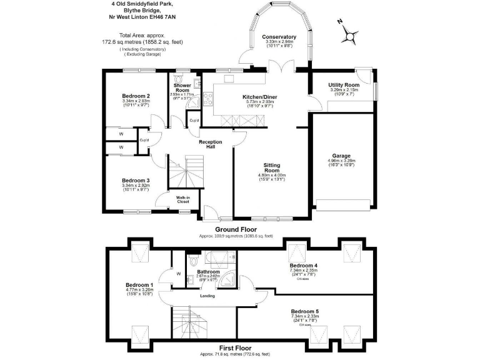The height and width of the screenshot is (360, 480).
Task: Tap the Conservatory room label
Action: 279,37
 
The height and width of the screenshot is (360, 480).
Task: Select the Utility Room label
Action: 344,85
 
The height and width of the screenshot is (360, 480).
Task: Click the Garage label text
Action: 341,156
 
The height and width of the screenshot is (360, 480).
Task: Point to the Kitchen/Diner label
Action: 259,97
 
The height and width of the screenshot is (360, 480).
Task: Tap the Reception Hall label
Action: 211,145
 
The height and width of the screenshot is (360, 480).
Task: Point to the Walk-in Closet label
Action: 183,199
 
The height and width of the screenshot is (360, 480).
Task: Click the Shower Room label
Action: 182,87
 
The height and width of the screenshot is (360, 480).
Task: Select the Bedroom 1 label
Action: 139,284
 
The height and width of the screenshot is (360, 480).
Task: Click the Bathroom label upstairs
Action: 209,272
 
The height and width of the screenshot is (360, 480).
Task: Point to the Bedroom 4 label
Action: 304,266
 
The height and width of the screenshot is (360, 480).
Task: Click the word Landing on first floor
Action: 208,296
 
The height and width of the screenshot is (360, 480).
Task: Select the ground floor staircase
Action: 186,172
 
